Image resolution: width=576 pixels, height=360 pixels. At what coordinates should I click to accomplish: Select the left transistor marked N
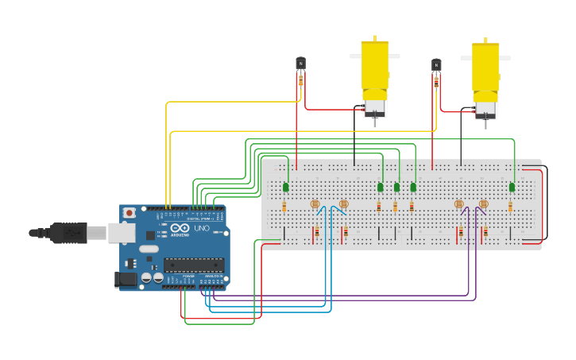(300, 63)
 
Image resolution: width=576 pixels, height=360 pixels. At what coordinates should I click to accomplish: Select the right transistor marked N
(436, 64)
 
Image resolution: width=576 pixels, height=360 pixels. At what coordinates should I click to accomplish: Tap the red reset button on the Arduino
(129, 213)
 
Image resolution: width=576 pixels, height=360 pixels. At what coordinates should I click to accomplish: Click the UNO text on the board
(202, 228)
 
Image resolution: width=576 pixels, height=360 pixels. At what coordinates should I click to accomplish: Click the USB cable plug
(68, 233)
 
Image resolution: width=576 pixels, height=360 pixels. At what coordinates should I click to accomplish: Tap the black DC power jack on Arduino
(126, 278)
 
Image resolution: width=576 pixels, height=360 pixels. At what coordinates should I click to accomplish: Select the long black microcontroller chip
(193, 265)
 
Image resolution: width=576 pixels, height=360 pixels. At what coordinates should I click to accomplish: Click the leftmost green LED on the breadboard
(285, 187)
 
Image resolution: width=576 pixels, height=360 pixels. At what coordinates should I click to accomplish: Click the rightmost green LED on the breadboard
(512, 188)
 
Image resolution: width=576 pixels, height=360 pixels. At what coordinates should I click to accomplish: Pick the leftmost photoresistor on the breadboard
(315, 204)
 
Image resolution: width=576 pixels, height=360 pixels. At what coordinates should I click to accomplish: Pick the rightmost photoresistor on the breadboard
(483, 204)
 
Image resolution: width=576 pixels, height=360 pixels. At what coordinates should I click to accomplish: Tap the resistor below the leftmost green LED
(284, 207)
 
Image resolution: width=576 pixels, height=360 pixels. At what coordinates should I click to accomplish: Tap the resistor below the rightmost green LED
(510, 207)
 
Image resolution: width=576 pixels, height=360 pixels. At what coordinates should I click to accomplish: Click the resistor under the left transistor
(300, 79)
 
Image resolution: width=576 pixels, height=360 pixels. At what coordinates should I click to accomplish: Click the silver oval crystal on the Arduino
(148, 249)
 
